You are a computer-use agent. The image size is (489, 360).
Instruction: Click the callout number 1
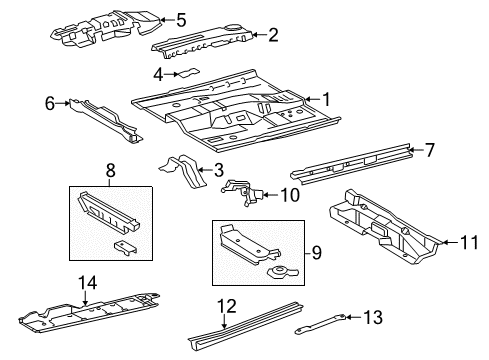click(x=326, y=98)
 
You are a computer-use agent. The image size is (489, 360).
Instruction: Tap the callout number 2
click(x=273, y=35)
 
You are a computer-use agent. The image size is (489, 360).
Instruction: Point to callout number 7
click(x=429, y=150)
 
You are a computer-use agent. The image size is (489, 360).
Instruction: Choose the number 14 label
click(x=88, y=284)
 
